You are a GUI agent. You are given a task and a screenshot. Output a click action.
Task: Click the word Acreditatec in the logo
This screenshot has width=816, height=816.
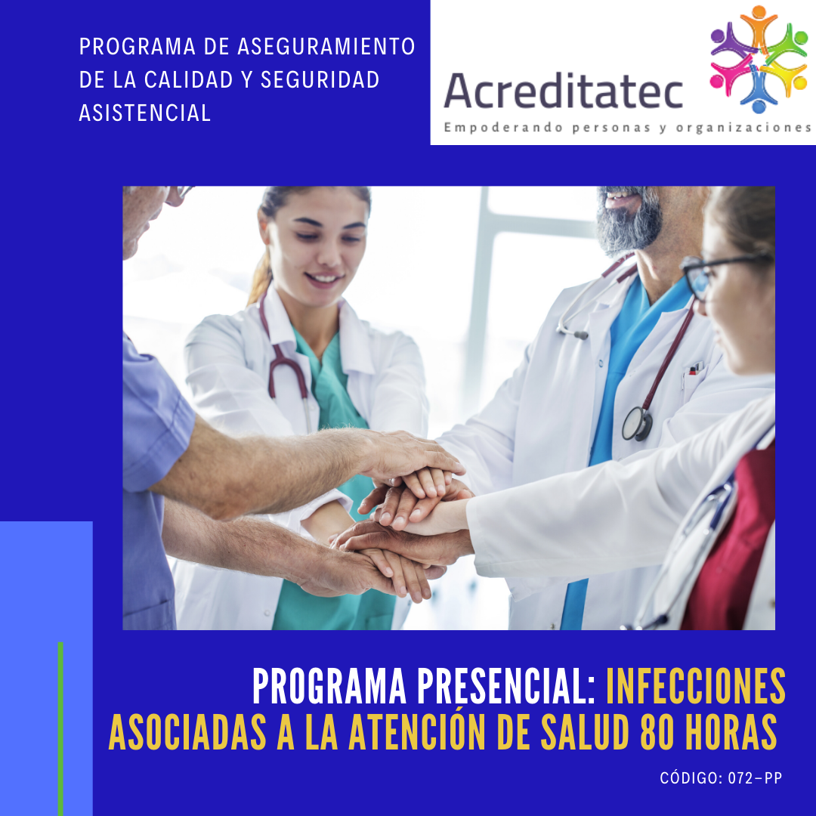coord(563,91)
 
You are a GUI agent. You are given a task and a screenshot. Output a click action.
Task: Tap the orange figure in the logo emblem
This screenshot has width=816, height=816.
coord(759,25)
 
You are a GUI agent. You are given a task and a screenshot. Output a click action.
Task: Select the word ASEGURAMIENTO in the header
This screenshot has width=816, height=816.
coord(326,46)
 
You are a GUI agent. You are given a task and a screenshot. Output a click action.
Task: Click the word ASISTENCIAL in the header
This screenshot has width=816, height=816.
coord(144,113)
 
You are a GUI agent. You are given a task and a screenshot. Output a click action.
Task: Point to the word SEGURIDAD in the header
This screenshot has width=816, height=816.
coord(320,79)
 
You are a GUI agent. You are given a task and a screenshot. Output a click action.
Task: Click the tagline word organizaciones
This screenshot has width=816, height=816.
coord(743,128)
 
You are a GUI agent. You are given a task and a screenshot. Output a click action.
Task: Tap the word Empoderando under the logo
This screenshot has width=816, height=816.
coord(503,128)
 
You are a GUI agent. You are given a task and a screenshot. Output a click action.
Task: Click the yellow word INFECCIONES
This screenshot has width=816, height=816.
coord(696,686)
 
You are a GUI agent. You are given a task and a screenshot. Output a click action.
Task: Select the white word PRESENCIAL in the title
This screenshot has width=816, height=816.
coord(506,686)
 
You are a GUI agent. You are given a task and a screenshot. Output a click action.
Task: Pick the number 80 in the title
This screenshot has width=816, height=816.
coord(657,731)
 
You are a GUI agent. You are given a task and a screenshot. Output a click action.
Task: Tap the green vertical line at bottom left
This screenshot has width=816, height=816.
coord(60,729)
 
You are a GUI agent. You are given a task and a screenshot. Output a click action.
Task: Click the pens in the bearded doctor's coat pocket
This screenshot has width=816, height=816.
coord(695,369)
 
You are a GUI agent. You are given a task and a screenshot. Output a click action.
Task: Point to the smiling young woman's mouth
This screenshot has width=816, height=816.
coord(323,279)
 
